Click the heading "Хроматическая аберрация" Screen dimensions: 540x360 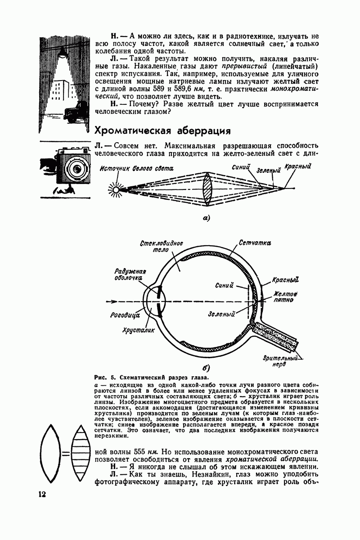point(162,130)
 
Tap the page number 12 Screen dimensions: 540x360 point(43,494)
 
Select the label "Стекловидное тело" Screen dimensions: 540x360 point(154,247)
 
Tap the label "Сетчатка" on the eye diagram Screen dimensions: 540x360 point(256,243)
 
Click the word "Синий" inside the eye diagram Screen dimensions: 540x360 point(224,284)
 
